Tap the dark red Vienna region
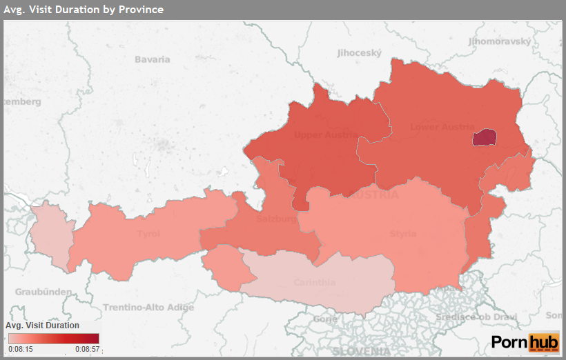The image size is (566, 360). point(484,138)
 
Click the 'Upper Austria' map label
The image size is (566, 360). point(326,134)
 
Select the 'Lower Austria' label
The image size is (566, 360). point(442,127)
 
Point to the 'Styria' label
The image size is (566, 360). point(403,234)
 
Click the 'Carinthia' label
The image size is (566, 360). point(314,282)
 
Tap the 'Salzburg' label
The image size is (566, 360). point(276,219)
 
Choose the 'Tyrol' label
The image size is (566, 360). point(148,234)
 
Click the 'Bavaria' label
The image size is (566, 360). point(152,59)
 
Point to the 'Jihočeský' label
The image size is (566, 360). point(359,52)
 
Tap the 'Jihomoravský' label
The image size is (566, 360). point(500,41)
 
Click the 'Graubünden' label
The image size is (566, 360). point(43,292)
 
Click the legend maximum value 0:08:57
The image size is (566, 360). point(87,349)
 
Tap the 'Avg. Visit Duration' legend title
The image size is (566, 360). point(42,325)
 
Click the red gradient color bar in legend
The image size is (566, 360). point(53,338)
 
